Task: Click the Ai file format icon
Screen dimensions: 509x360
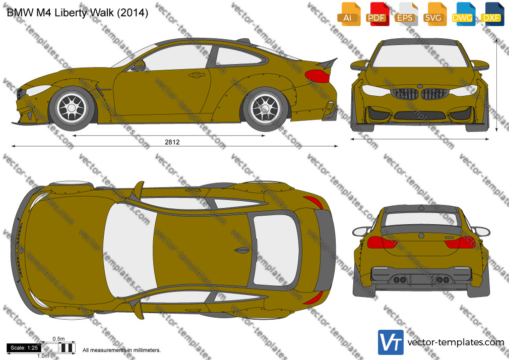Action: pos(349,14)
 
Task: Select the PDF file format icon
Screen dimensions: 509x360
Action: pos(377,14)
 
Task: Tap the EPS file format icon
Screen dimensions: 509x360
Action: pos(406,14)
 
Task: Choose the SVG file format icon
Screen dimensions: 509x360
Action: pos(434,14)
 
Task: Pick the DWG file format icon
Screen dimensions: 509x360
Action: pos(463,14)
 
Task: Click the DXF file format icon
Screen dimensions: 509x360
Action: pos(492,14)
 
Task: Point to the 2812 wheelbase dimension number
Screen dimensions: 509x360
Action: pos(172,142)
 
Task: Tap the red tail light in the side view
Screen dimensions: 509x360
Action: pos(317,76)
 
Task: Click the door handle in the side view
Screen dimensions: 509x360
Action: pos(197,75)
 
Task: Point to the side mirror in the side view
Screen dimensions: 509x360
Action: pos(139,66)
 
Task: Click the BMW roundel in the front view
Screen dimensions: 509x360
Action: pos(420,87)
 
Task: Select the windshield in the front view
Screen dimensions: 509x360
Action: pos(420,55)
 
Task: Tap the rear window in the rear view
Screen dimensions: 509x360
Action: pos(421,219)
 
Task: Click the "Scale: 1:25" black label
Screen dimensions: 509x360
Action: pos(24,348)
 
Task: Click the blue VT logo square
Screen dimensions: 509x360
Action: pos(391,342)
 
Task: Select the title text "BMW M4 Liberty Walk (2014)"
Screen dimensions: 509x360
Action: pos(78,13)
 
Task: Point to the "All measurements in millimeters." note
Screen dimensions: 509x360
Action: pos(122,350)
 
